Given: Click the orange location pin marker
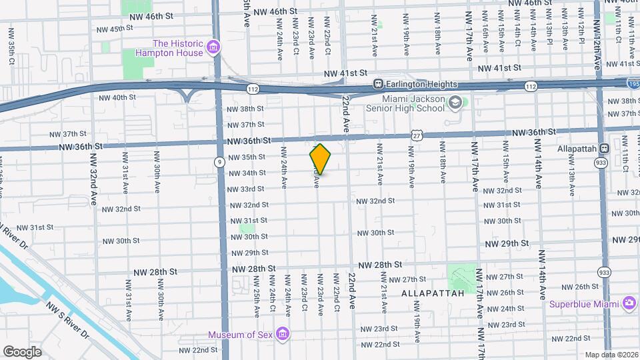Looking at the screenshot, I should [x=320, y=159].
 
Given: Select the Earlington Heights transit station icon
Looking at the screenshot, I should [x=377, y=85].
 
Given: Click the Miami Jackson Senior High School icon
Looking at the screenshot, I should [x=455, y=103].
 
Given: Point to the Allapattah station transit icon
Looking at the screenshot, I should [x=605, y=148].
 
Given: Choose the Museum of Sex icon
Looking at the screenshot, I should [x=282, y=333].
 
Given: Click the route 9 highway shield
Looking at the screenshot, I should [x=219, y=161].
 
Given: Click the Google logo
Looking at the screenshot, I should [x=22, y=351].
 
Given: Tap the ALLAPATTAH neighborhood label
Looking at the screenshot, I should [x=427, y=293].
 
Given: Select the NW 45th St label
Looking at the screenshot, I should [x=111, y=29].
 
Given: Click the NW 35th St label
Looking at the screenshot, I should [x=247, y=157].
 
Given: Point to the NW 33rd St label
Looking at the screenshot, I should [x=247, y=189].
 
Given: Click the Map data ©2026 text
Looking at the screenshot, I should [x=611, y=355].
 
